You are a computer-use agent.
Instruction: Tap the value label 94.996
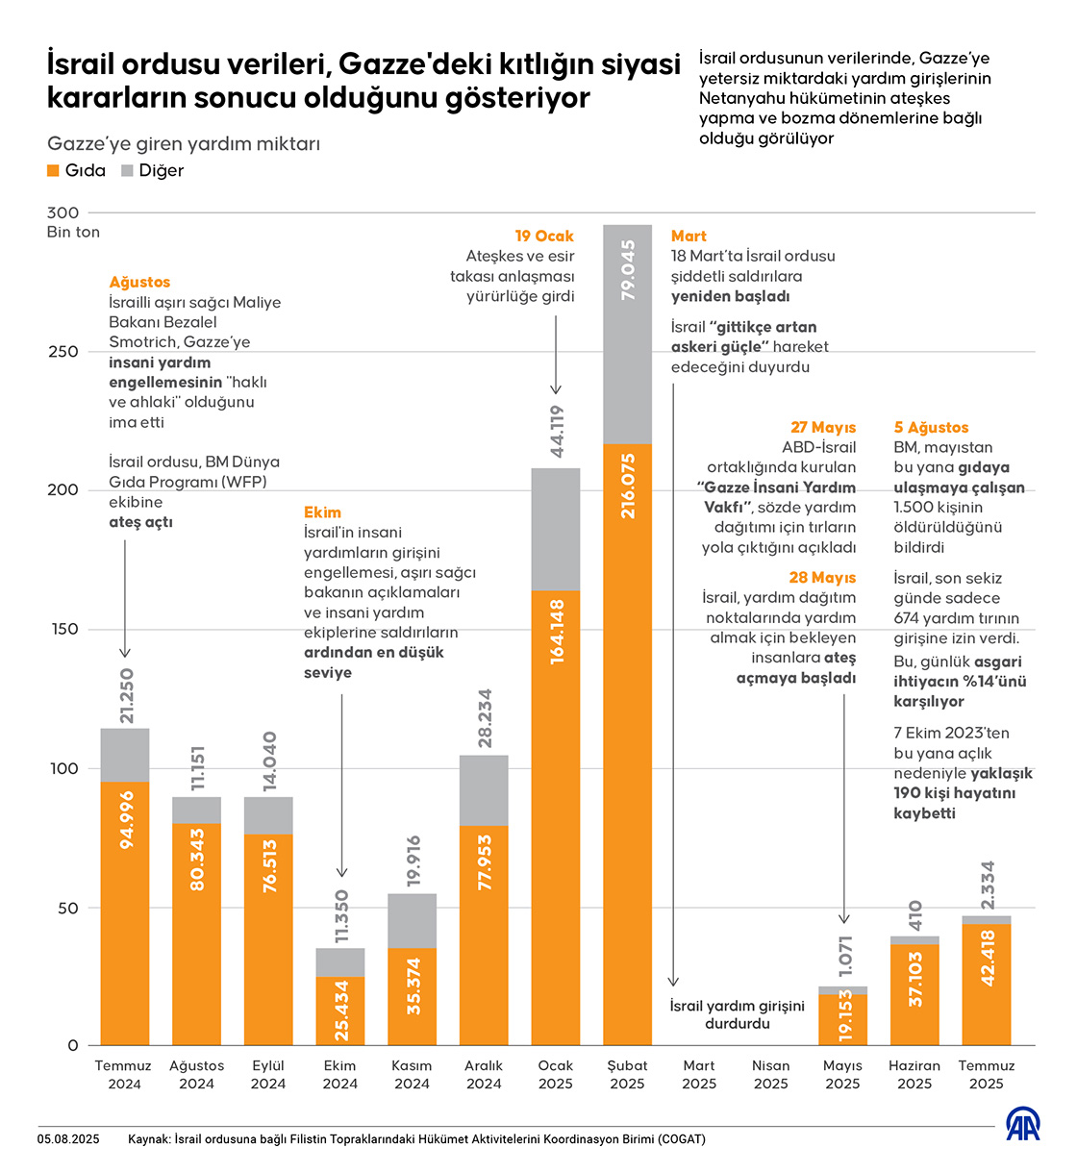126,820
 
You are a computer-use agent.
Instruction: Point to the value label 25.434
341,1011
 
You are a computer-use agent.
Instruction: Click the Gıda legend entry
76,170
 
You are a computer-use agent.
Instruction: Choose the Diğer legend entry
152,170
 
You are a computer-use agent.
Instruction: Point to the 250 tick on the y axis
63,352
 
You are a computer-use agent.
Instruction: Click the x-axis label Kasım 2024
412,1074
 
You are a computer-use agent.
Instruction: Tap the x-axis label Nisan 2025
771,1074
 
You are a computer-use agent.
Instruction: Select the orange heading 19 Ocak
544,236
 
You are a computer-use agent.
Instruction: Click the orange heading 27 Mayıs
823,427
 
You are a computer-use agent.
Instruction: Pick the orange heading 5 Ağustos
931,427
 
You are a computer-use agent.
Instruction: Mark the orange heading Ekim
322,512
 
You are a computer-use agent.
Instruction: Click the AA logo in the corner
1022,1125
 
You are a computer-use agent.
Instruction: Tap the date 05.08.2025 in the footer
68,1139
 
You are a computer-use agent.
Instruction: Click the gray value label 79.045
628,270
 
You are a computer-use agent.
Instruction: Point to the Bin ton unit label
73,232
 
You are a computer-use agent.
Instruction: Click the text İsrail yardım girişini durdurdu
737,1014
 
